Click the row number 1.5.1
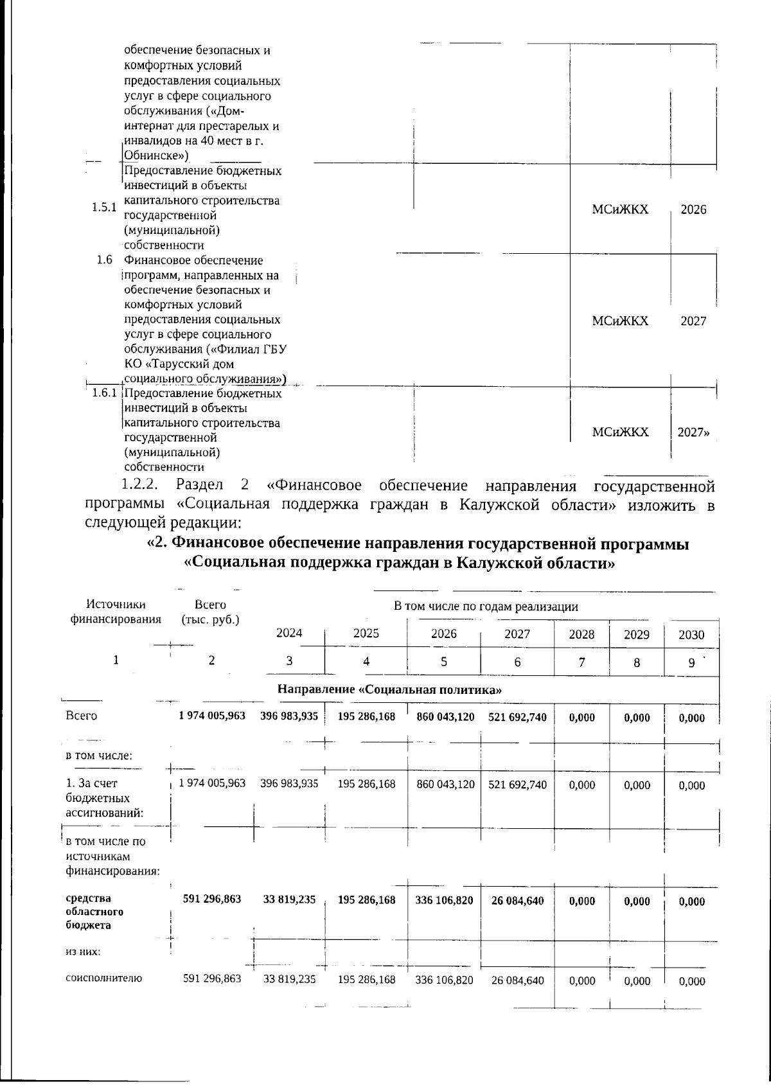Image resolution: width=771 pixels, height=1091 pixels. coord(103,208)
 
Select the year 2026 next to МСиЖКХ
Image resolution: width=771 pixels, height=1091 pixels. coord(693,210)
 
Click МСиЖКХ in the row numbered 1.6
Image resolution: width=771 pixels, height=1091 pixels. coord(620,321)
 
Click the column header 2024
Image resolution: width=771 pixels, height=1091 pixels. coord(288,634)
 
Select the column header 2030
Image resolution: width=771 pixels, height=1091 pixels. coord(691,635)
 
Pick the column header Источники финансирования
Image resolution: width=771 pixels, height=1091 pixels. coord(116,612)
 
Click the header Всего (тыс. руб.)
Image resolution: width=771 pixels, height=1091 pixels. coord(210,612)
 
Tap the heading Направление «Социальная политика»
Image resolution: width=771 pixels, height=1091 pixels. coord(389,690)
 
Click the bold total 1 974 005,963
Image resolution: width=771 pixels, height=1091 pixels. coord(212,716)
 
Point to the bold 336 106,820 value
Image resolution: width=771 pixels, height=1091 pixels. coord(444,901)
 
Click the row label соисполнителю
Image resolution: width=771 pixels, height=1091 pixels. coord(103,979)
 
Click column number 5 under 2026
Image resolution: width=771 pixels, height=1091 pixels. coord(443,662)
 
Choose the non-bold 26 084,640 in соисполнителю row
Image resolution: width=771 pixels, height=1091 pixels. coord(518,980)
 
